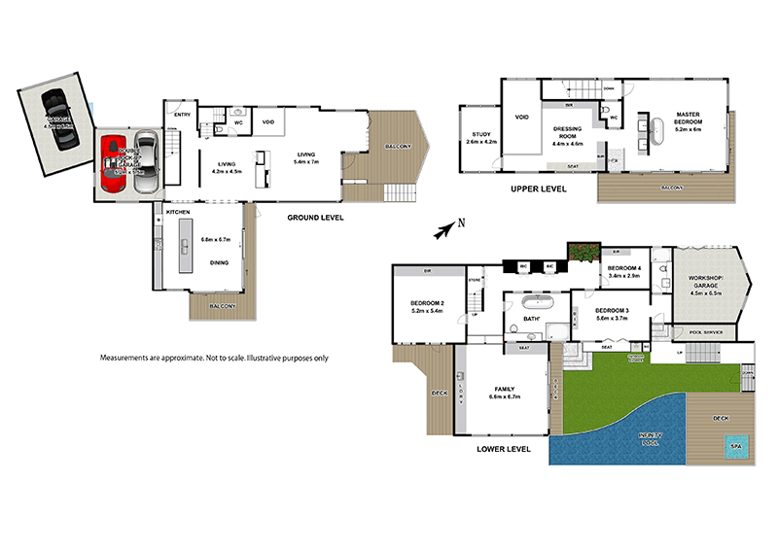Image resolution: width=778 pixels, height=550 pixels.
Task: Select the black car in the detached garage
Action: pos(58,118)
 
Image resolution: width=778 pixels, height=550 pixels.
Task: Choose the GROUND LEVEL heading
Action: pos(314,217)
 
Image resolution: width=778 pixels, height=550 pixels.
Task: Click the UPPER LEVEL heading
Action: pos(538,189)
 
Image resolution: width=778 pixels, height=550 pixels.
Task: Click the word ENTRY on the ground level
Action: pos(183,115)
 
